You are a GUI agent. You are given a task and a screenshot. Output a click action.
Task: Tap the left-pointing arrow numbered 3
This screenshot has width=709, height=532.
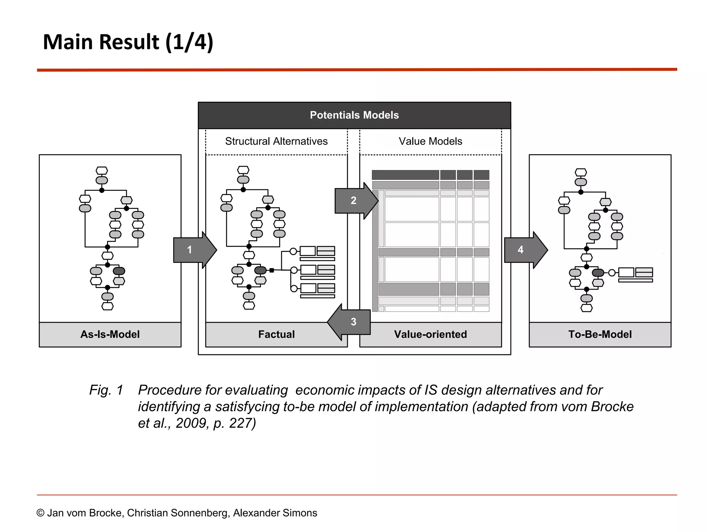click(350, 322)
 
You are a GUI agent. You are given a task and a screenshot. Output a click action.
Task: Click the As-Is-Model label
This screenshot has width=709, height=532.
click(110, 334)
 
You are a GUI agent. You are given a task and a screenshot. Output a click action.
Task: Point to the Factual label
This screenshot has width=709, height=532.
click(276, 334)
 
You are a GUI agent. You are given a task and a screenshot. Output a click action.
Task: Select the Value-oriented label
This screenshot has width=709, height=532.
click(430, 334)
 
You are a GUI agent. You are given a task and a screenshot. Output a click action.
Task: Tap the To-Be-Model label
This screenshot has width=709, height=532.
click(600, 334)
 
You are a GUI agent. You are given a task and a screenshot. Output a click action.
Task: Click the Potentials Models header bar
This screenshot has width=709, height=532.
click(354, 115)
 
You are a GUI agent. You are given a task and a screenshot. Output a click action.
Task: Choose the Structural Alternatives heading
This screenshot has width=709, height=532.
click(276, 141)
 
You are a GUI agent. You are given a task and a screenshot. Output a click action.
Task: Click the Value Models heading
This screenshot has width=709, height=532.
click(430, 141)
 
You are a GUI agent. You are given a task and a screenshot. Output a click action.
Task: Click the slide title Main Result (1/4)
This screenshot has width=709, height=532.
click(128, 42)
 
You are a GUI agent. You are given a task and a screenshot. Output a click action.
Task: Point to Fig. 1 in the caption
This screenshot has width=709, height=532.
click(106, 390)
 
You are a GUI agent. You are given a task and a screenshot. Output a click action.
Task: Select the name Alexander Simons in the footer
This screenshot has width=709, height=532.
click(275, 513)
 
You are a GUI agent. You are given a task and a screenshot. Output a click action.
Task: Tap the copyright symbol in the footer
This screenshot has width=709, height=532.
click(41, 513)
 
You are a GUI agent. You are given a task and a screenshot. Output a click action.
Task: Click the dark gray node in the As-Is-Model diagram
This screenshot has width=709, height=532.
click(119, 271)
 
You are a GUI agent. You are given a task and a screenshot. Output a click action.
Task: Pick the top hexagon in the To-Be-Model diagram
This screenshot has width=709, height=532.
click(581, 172)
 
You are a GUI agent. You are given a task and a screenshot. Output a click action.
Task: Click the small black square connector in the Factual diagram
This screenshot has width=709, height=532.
click(272, 271)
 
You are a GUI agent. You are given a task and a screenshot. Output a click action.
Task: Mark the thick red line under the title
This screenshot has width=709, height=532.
click(357, 70)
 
